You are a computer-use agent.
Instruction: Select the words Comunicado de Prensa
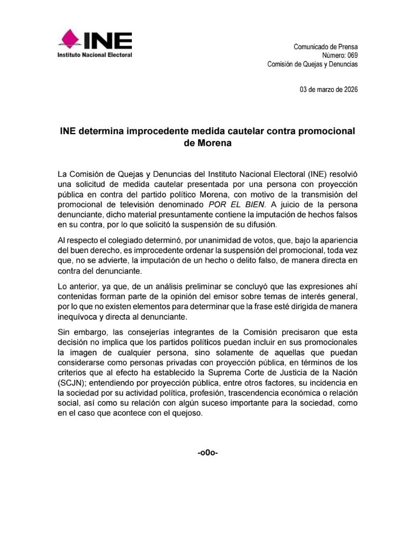325,46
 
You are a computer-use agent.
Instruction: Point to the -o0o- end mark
207,452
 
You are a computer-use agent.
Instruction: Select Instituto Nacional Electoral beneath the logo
95,55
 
